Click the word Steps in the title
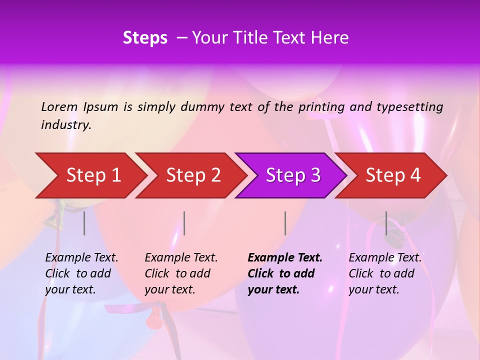tap(145, 37)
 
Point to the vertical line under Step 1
tap(84, 223)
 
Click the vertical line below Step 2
tap(184, 223)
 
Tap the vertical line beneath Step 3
tap(285, 223)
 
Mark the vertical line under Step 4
tap(386, 223)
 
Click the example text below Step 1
tap(81, 273)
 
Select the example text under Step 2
tap(180, 273)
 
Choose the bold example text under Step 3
tap(284, 273)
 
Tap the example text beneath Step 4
tap(384, 273)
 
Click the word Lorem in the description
tap(59, 106)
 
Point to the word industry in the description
tap(65, 125)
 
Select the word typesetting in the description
tap(409, 107)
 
